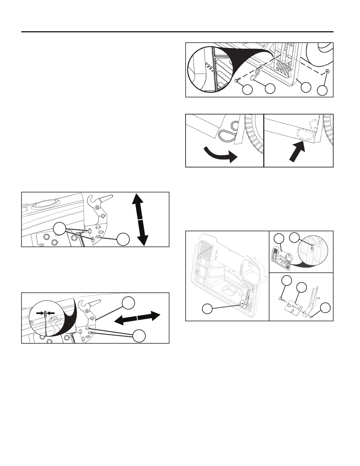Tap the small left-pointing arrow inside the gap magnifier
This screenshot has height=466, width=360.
point(51,313)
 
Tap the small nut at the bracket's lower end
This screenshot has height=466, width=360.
point(312,316)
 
